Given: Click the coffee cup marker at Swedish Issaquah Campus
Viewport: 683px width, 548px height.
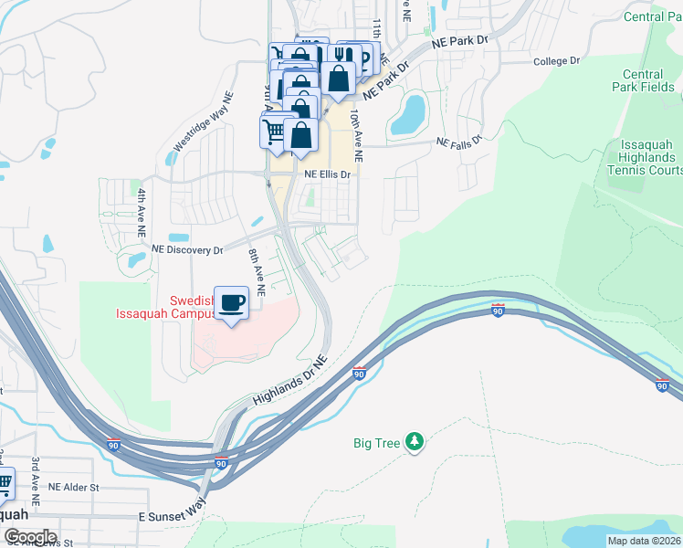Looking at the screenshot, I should tap(231, 303).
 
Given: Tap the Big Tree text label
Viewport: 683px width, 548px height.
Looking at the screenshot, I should tap(377, 443).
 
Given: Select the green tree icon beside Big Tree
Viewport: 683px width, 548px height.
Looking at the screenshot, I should tap(415, 442).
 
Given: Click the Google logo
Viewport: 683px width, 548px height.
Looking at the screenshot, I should tap(29, 537).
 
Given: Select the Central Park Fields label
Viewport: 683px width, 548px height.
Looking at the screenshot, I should tap(647, 81).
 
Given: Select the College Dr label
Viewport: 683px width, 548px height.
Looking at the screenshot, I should tap(556, 61).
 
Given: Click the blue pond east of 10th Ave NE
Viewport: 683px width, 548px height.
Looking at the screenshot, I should tap(408, 114).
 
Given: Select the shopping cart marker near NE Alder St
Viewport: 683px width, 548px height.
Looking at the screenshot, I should tap(5, 481).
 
